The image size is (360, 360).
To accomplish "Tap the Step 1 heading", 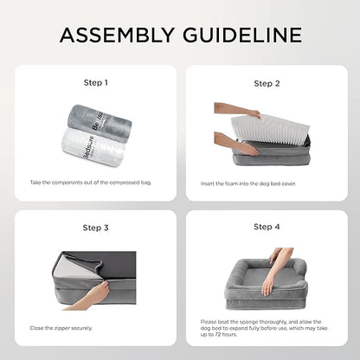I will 94,83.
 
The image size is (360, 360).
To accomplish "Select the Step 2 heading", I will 267,83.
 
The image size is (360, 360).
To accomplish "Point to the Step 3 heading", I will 94,228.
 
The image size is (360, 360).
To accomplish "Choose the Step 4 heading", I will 267,228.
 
